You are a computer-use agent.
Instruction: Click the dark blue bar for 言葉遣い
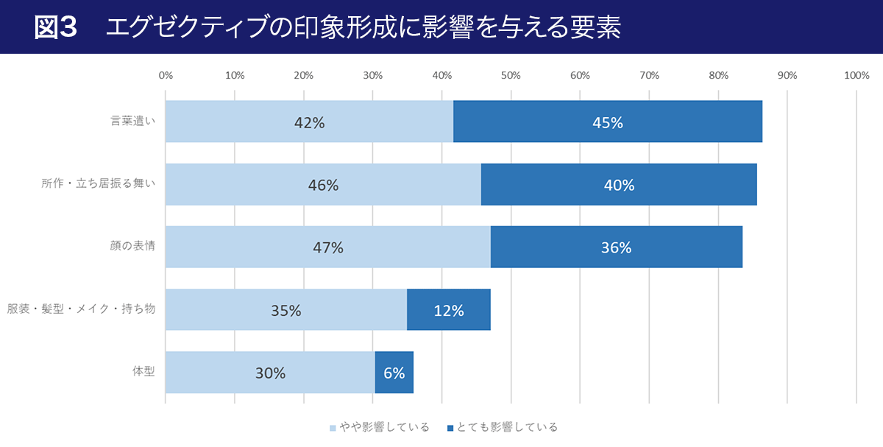(607, 122)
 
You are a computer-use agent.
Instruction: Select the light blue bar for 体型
(270, 373)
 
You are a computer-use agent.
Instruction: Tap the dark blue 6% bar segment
(394, 373)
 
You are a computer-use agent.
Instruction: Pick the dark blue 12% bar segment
(449, 310)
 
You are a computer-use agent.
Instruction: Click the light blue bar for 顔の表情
(327, 247)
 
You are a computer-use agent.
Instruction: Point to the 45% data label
(608, 123)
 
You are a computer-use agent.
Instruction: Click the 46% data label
(323, 186)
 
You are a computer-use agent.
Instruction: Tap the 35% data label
(286, 311)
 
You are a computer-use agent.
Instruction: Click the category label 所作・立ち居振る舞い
(99, 184)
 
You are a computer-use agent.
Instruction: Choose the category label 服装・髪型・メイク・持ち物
(81, 309)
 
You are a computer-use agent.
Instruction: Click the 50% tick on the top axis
(511, 75)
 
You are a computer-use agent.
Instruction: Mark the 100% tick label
(857, 75)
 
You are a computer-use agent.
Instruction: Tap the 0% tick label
(166, 75)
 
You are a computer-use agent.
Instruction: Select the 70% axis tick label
(649, 75)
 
